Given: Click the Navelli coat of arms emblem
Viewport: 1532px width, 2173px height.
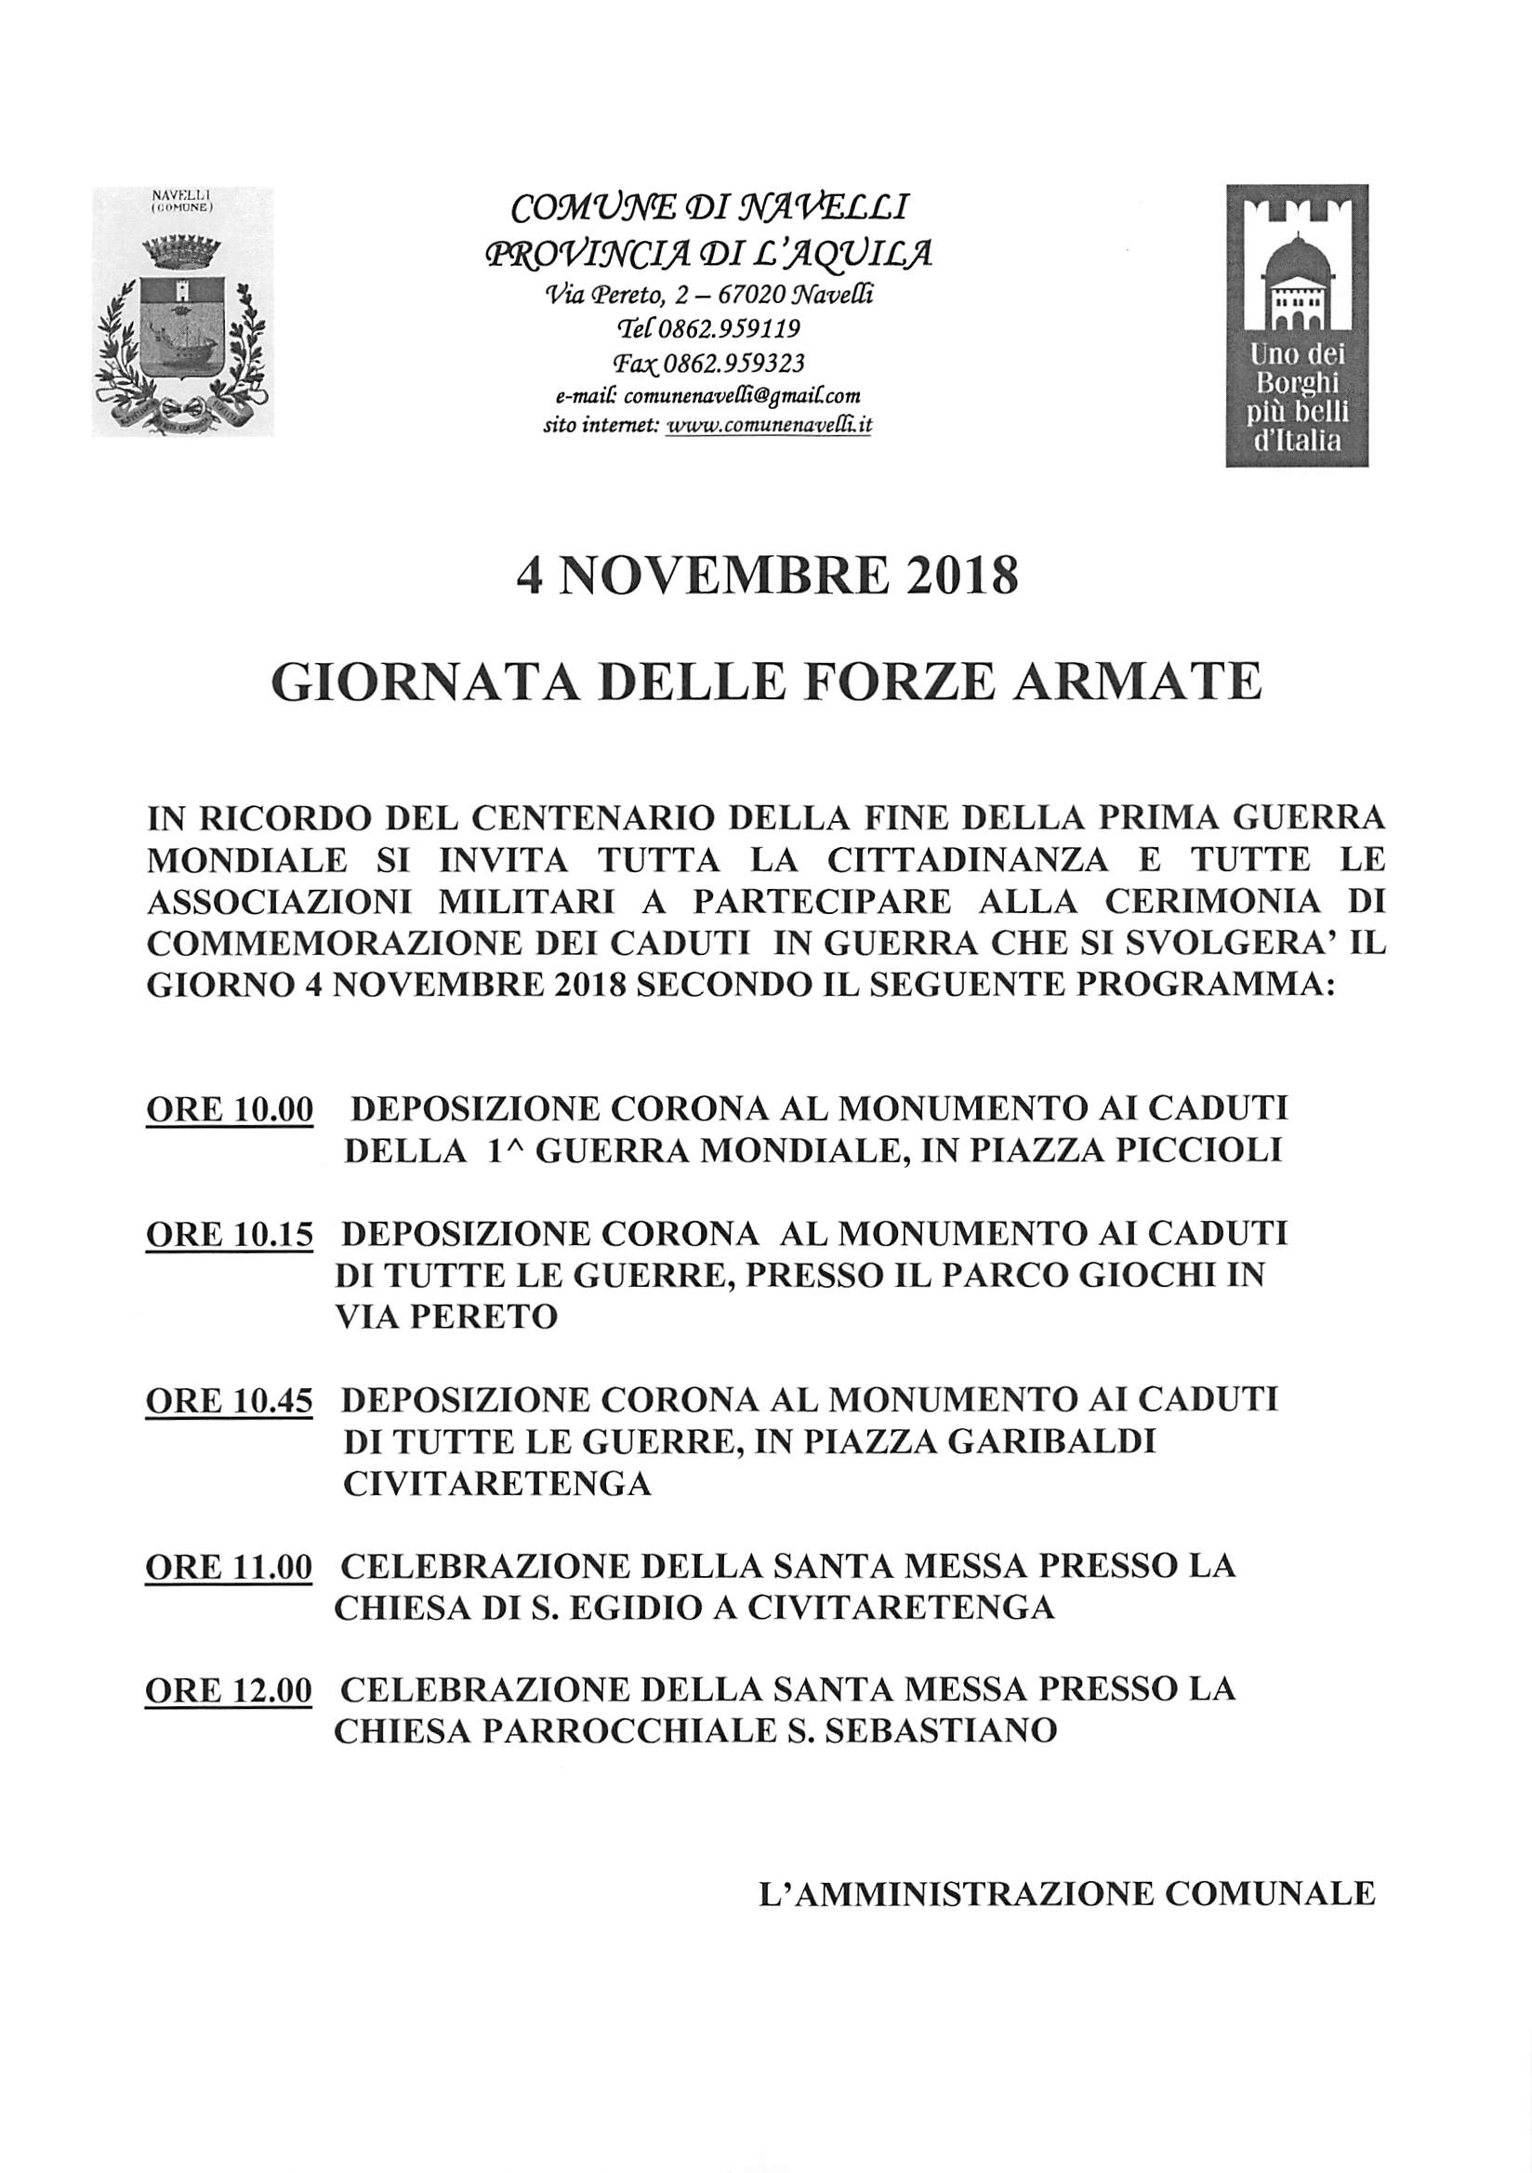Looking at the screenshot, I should tap(182, 311).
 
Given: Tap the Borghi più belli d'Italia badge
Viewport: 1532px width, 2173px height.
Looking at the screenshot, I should tap(1296, 325).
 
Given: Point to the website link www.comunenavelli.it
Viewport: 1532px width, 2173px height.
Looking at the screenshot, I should tap(770, 426).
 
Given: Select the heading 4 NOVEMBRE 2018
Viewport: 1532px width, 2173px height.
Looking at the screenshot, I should tap(767, 576).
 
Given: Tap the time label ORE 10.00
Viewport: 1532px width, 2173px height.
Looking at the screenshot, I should tap(229, 1110).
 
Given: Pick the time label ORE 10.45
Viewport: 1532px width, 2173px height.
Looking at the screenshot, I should tap(229, 1401).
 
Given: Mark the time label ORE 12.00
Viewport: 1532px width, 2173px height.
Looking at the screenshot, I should tap(229, 1690).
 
